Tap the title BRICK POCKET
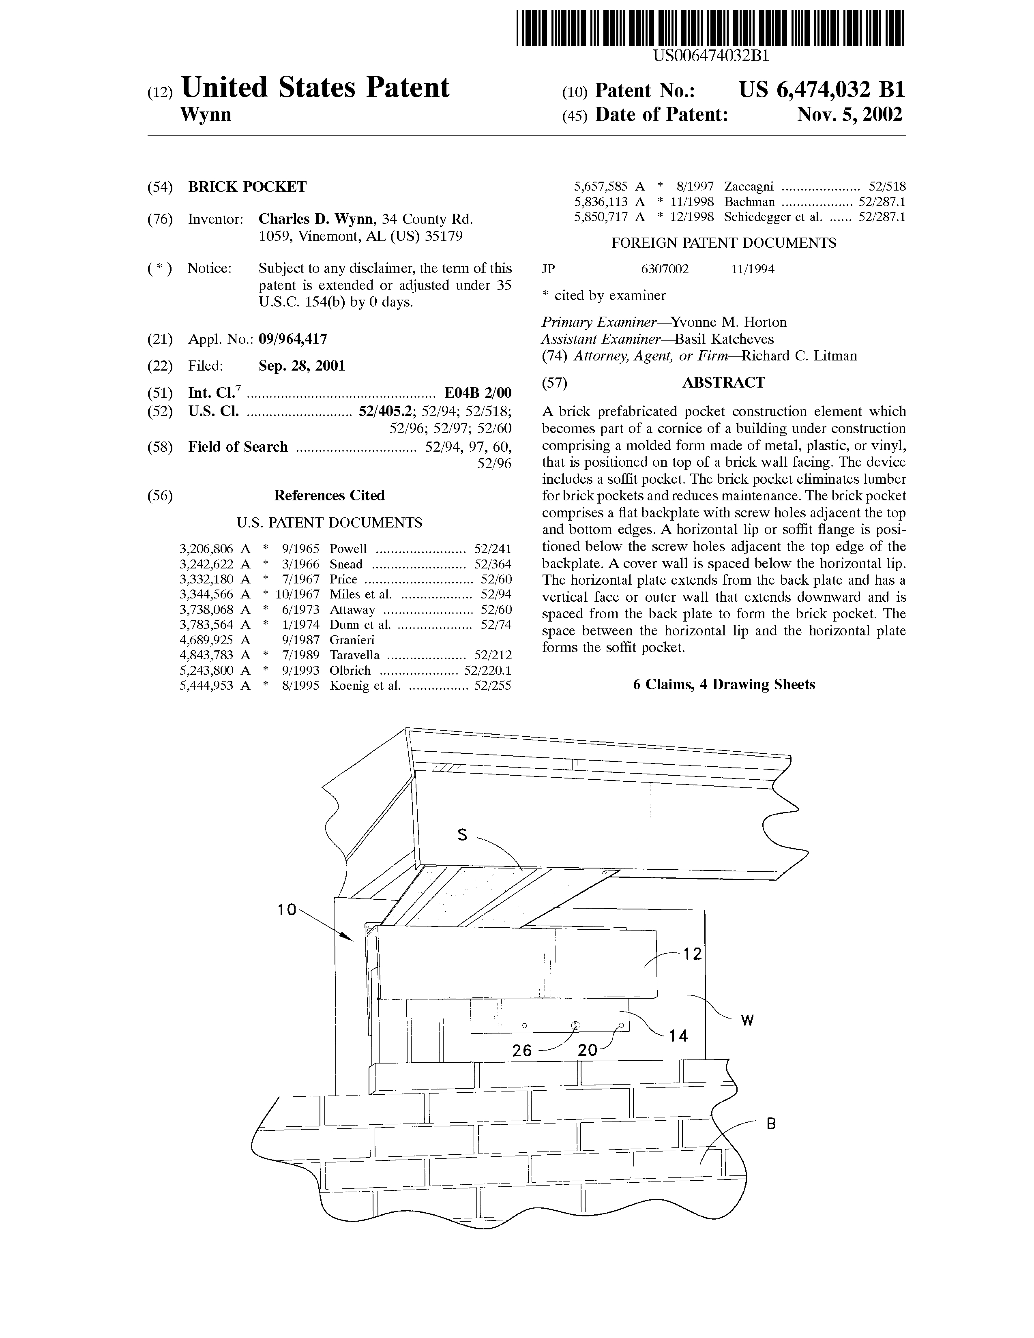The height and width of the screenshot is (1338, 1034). pos(247,187)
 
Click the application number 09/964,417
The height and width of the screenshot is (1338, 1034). pos(293,339)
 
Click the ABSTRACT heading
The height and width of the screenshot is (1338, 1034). pos(723,383)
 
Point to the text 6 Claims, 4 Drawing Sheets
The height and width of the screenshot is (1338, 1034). pos(724,684)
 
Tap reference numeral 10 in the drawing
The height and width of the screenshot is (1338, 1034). pos(286,910)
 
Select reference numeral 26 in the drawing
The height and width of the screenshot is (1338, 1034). pos(522,1051)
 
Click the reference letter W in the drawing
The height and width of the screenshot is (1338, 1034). pos(747,1020)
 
